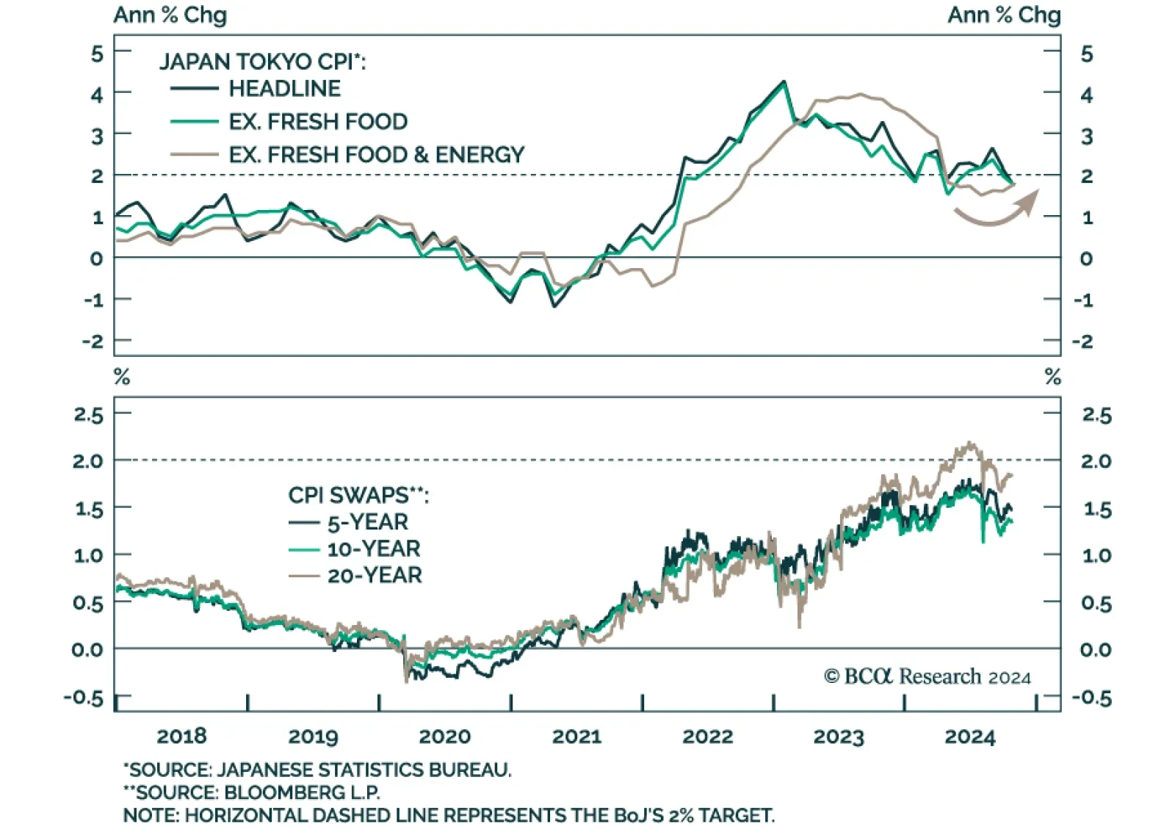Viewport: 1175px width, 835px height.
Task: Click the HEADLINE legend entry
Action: (284, 89)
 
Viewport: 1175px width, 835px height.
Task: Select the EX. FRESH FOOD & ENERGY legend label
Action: (376, 155)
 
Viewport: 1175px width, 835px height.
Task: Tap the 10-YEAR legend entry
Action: (373, 549)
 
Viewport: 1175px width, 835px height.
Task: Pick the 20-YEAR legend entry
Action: (375, 575)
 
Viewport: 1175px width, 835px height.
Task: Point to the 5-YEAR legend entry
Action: (367, 522)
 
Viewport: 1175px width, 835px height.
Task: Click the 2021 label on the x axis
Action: (576, 737)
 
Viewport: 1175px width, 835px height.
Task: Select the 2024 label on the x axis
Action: (969, 737)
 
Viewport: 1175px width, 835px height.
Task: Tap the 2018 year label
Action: (181, 737)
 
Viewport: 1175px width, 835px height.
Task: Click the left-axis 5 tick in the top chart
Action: (97, 54)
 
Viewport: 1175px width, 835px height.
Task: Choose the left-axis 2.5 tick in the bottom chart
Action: (88, 415)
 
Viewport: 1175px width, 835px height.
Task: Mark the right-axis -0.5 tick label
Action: (1091, 698)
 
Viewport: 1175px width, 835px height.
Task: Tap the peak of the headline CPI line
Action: (784, 82)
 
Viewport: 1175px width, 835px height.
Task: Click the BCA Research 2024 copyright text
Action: (927, 676)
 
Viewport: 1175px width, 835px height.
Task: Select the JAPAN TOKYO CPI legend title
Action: (262, 62)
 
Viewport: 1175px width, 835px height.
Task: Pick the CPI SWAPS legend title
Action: (358, 495)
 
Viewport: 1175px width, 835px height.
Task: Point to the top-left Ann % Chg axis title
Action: (170, 15)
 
